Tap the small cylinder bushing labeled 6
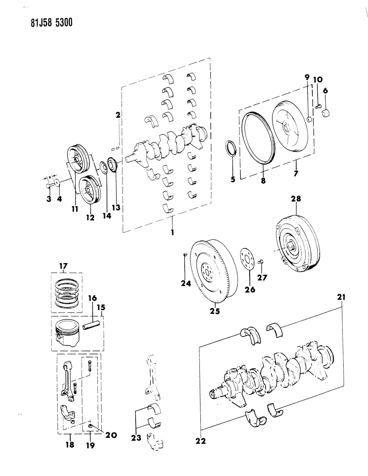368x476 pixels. tap(327, 112)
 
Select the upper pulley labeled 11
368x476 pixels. tap(78, 160)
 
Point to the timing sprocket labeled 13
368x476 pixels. tap(112, 165)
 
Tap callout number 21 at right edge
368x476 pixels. tap(341, 298)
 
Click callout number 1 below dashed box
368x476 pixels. tap(173, 231)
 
